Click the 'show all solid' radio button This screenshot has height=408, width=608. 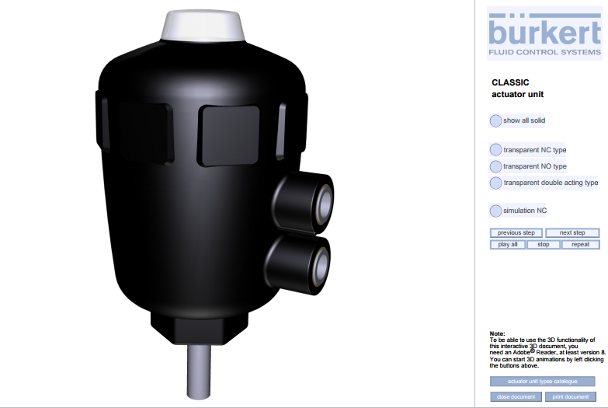pos(495,120)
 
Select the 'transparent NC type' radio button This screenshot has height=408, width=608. pos(495,150)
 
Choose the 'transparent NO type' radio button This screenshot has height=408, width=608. pos(495,166)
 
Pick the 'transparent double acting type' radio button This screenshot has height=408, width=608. pos(495,183)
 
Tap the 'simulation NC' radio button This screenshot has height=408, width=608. pos(495,211)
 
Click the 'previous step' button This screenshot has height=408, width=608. pos(516,233)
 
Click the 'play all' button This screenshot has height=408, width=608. pos(508,245)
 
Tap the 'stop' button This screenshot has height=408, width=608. pos(544,245)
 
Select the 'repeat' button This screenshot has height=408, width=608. pos(581,245)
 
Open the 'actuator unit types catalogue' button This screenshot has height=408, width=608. pos(543,382)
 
